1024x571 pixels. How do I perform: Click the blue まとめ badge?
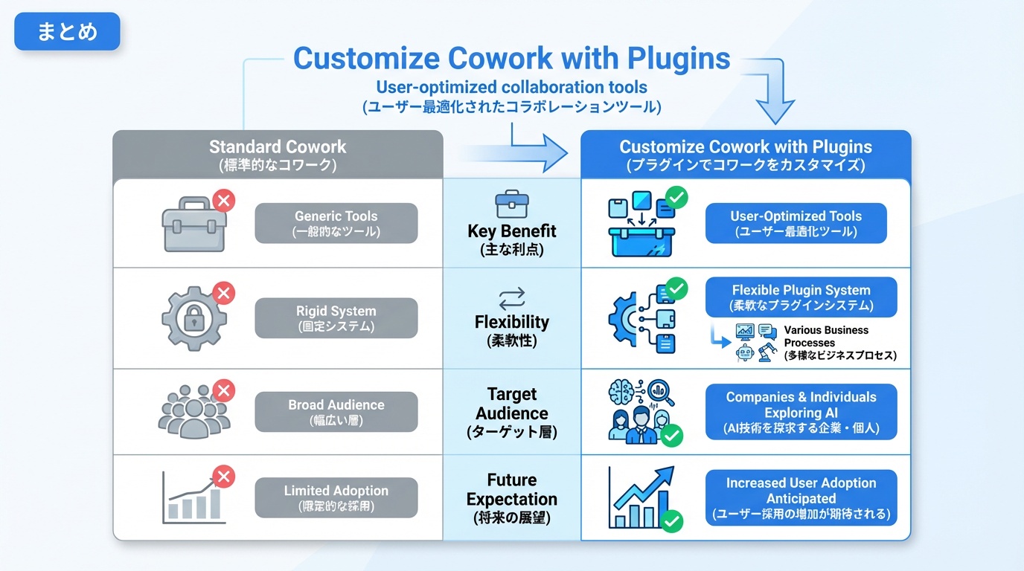pos(67,31)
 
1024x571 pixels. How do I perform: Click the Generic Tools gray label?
pos(336,223)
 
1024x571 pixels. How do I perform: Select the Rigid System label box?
pos(336,318)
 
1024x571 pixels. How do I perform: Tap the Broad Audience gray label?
pos(336,412)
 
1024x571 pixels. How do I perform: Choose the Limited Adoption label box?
pos(336,497)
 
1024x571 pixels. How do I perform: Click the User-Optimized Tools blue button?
pos(796,223)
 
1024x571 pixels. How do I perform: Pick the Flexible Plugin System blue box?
pos(801,297)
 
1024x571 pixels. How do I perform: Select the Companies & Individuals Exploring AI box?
pos(801,412)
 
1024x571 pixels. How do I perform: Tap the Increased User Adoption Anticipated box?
pos(801,497)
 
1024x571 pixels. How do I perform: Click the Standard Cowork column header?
pos(278,155)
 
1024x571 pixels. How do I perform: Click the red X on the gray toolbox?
pos(223,201)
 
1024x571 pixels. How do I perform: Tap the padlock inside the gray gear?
pos(194,318)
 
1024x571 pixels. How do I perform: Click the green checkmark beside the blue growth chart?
pos(671,520)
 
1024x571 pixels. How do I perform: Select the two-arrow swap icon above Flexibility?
pos(512,299)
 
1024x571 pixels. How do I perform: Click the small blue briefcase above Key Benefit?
pos(512,204)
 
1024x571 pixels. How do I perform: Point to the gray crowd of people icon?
pos(194,412)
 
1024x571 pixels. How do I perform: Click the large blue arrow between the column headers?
pos(516,153)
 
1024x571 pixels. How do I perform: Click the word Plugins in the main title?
pos(679,59)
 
